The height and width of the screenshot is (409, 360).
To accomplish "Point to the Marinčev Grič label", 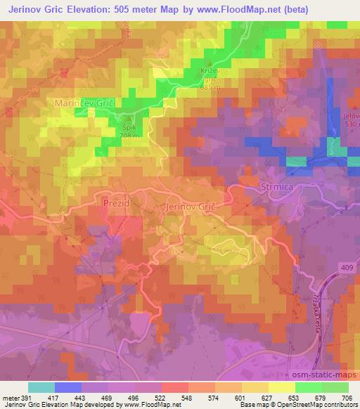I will tap(84, 103).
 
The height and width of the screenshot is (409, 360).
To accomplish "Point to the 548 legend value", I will tap(186, 398).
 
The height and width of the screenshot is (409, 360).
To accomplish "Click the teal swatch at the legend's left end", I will tap(41, 387).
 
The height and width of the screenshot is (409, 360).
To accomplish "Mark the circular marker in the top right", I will tap(318, 46).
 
